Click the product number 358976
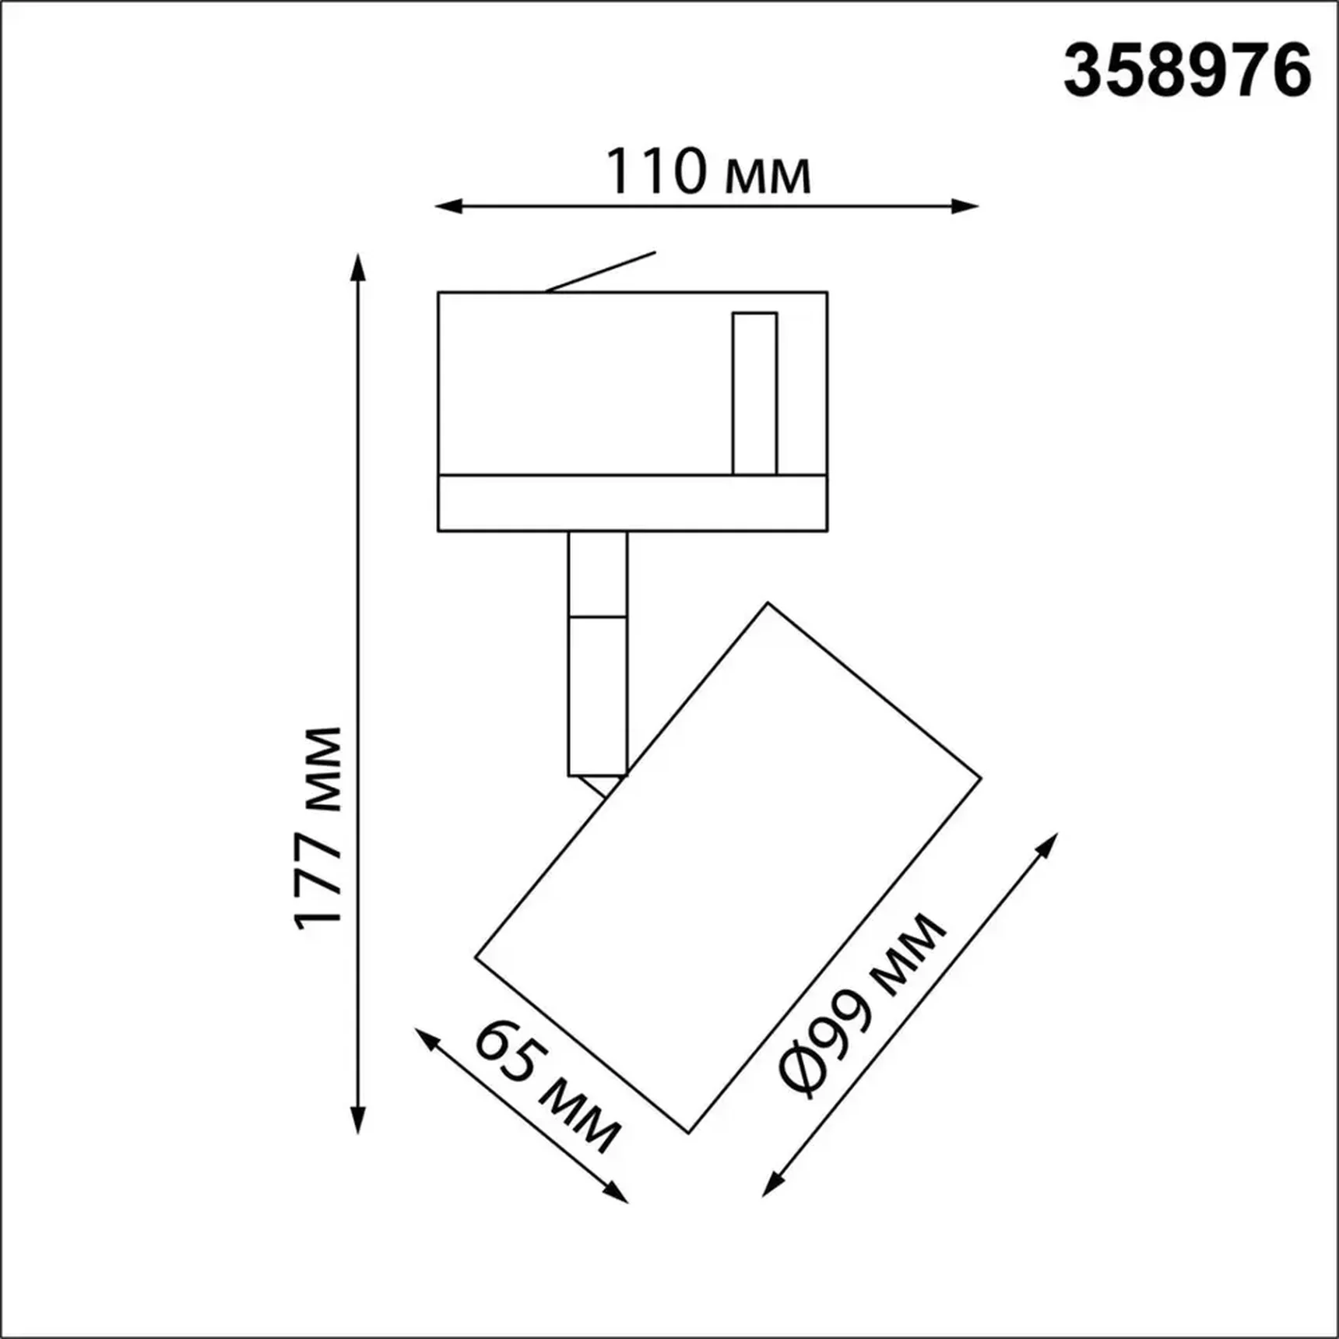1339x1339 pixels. coord(1187,71)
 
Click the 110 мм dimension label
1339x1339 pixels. coord(708,172)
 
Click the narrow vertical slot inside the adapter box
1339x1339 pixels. coord(754,393)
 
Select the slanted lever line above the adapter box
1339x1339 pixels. coord(600,272)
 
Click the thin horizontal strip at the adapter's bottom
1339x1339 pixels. coord(632,503)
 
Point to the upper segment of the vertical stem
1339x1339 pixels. coord(597,575)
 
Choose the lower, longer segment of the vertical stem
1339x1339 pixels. coord(597,696)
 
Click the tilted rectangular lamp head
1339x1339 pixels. coord(728,867)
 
